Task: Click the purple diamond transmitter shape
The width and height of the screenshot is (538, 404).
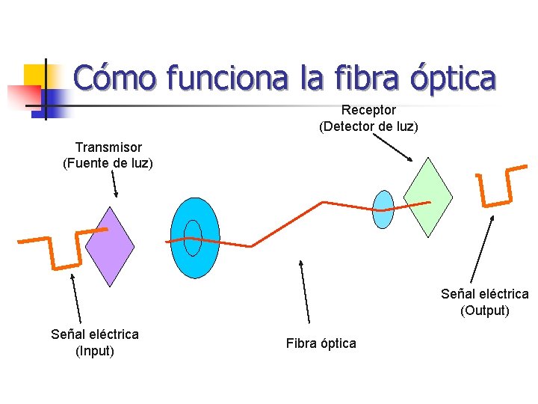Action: coord(110,247)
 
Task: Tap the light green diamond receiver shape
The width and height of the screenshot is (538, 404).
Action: coord(428,197)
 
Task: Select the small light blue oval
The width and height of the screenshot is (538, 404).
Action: coord(383,209)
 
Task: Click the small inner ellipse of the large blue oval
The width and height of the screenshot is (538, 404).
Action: coord(193,238)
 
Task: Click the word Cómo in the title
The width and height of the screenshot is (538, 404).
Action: coord(116,77)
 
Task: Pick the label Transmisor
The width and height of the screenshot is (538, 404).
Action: coord(108,147)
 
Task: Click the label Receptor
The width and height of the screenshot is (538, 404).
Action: coord(368,111)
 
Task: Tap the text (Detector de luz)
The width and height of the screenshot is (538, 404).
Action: coord(368,126)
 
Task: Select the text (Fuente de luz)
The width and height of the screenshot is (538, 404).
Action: coord(108,163)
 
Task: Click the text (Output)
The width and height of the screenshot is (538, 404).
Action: coord(485,310)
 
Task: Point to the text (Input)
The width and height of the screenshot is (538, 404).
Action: coord(95,349)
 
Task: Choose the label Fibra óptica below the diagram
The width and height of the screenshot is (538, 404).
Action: coord(321,343)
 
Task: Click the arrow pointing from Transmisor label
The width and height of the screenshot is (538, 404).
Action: coord(114,183)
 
